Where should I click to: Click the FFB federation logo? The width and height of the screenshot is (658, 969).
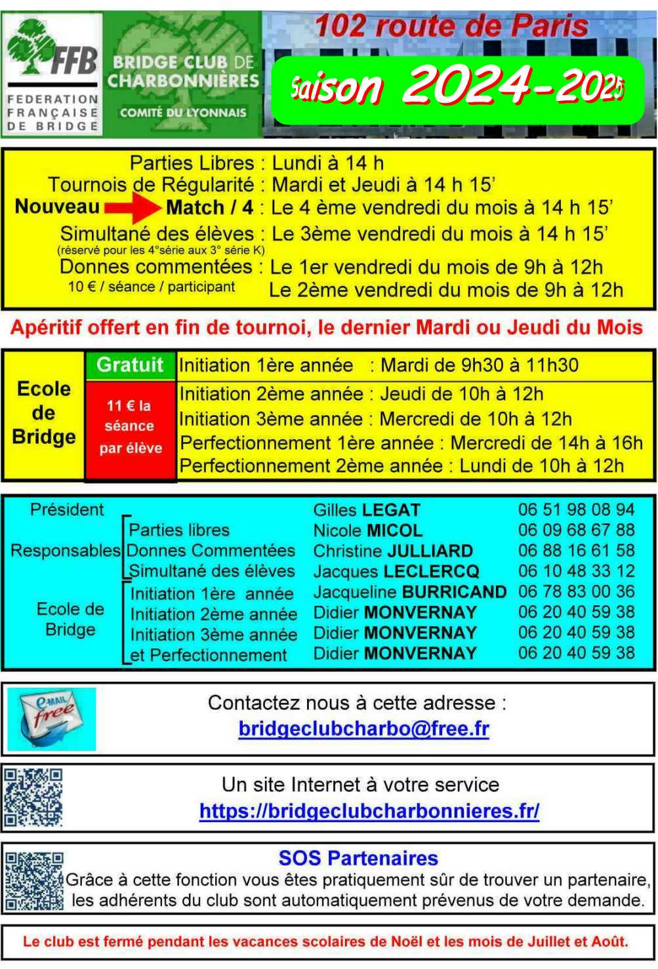pyautogui.click(x=52, y=73)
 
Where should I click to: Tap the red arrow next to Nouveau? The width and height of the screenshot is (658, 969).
pyautogui.click(x=133, y=208)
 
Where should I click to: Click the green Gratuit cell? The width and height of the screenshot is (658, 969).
pyautogui.click(x=130, y=365)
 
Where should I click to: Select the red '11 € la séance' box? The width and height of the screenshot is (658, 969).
pyautogui.click(x=130, y=427)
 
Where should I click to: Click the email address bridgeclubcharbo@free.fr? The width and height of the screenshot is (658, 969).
pyautogui.click(x=363, y=729)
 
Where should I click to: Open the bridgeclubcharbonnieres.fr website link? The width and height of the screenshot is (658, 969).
pyautogui.click(x=369, y=812)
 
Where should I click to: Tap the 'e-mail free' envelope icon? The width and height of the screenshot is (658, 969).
pyautogui.click(x=51, y=719)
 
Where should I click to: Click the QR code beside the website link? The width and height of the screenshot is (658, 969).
pyautogui.click(x=33, y=797)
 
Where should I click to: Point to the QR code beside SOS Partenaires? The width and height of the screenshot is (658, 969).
pyautogui.click(x=34, y=880)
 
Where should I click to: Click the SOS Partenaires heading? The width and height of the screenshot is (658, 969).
pyautogui.click(x=358, y=858)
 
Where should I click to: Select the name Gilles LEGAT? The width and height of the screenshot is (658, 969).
pyautogui.click(x=367, y=510)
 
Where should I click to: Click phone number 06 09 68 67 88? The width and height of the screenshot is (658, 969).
pyautogui.click(x=576, y=530)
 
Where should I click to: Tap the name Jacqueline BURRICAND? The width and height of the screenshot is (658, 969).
pyautogui.click(x=409, y=592)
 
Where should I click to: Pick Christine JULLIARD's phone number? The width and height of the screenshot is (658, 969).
pyautogui.click(x=576, y=551)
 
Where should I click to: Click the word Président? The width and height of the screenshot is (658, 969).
pyautogui.click(x=66, y=509)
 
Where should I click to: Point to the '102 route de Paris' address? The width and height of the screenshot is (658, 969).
pyautogui.click(x=452, y=26)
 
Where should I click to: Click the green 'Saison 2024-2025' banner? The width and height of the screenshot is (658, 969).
pyautogui.click(x=457, y=89)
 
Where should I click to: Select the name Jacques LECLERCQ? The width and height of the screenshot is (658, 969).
pyautogui.click(x=396, y=571)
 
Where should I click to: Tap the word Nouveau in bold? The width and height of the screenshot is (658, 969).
pyautogui.click(x=57, y=207)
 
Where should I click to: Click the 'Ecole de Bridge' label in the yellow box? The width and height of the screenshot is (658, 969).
pyautogui.click(x=44, y=413)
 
